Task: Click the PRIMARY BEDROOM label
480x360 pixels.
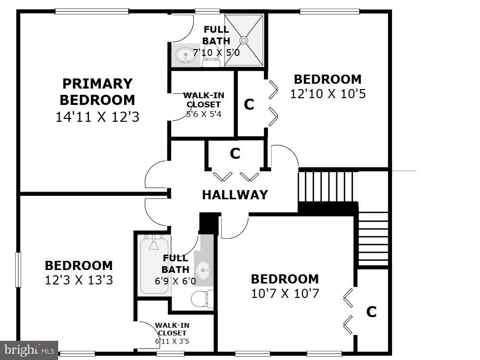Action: click(97, 92)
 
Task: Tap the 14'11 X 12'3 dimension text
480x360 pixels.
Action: click(97, 117)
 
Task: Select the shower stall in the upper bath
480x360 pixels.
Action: click(245, 40)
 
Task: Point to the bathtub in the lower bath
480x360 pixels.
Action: click(154, 264)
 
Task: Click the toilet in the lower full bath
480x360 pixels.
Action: click(202, 299)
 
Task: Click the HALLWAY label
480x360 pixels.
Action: click(235, 195)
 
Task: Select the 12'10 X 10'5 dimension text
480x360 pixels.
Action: click(328, 93)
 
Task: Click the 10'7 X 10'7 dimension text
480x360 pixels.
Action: click(285, 293)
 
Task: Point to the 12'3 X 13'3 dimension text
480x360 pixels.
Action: click(79, 280)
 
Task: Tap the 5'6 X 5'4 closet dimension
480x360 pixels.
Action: click(203, 115)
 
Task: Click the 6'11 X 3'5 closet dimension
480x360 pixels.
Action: click(171, 341)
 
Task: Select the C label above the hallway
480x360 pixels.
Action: click(235, 154)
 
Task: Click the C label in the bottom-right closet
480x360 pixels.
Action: click(371, 312)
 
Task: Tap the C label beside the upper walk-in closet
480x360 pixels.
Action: click(249, 104)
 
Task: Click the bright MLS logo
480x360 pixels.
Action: click(29, 349)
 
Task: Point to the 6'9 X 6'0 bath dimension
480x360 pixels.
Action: click(175, 282)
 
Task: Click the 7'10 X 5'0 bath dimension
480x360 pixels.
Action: click(216, 52)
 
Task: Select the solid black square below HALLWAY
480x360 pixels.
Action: click(208, 223)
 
